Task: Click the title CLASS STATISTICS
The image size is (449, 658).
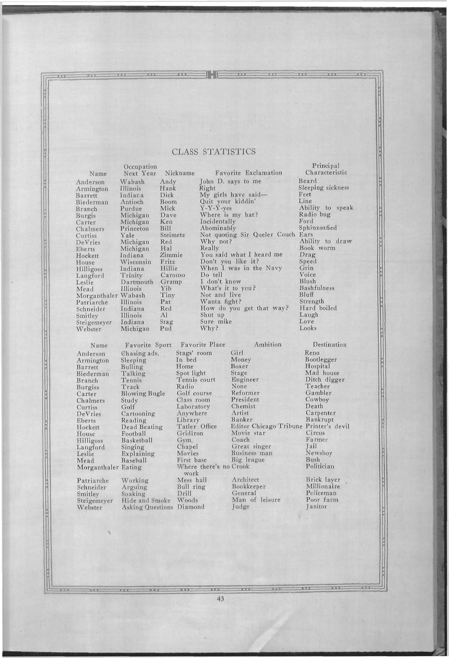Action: click(214, 152)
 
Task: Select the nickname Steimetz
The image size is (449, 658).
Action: click(173, 235)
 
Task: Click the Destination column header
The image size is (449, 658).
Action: click(329, 345)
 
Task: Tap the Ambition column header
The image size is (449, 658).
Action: click(268, 344)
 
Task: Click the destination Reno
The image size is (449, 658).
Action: click(312, 353)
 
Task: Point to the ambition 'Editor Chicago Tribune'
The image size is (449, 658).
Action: click(267, 426)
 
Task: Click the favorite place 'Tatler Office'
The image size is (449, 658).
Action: click(197, 426)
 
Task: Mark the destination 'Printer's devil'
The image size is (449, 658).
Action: click(327, 426)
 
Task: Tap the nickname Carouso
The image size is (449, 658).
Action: click(173, 275)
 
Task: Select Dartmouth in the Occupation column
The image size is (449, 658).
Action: click(137, 282)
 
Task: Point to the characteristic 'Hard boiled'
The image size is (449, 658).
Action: click(318, 308)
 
